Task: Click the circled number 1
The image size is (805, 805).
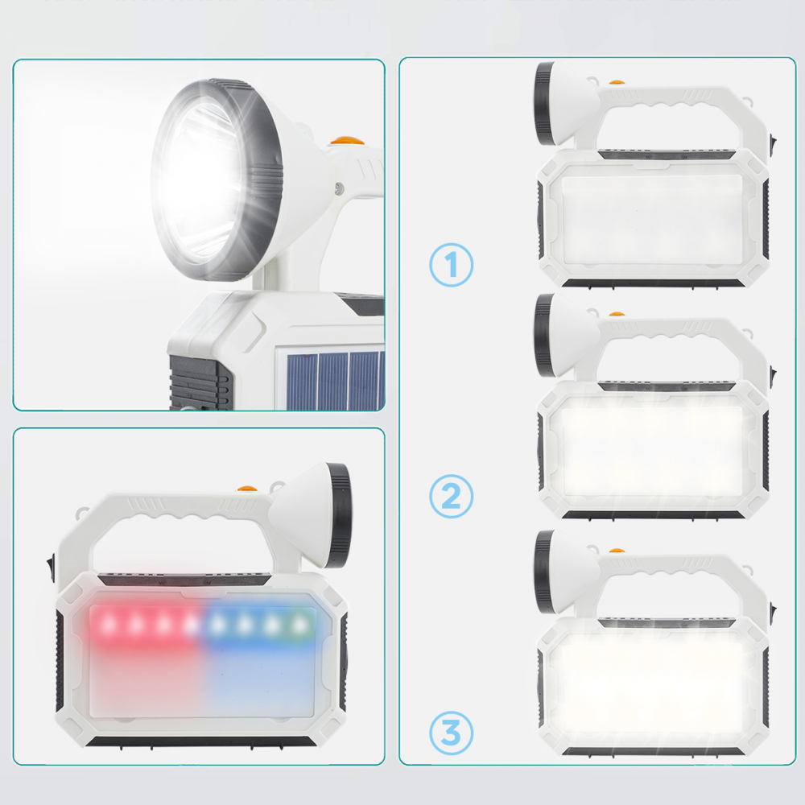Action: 451,266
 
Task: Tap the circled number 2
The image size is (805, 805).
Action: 451,497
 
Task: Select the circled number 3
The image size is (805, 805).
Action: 451,733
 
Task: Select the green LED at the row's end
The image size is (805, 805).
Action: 299,622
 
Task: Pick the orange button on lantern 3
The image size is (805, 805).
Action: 617,550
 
